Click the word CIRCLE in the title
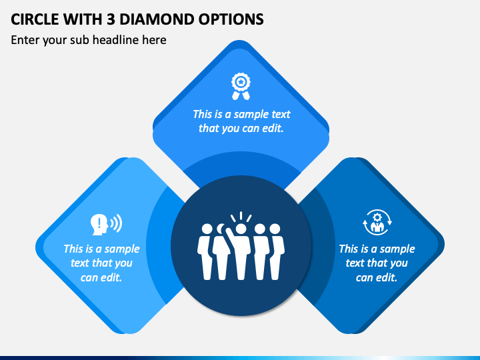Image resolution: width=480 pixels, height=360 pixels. click(x=34, y=19)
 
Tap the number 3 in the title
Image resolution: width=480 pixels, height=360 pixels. click(x=110, y=19)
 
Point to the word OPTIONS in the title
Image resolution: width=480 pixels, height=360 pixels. click(x=231, y=19)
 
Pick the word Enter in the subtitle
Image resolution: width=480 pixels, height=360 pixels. click(x=25, y=40)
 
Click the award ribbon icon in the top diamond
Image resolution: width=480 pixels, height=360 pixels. click(x=241, y=86)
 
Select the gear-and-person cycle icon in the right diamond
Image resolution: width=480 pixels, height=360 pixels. click(x=377, y=223)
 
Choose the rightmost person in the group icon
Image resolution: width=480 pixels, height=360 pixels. click(x=276, y=251)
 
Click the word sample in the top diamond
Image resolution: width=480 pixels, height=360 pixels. click(x=248, y=115)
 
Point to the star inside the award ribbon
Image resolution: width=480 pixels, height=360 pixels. click(x=241, y=82)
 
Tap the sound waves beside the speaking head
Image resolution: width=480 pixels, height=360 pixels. click(x=116, y=223)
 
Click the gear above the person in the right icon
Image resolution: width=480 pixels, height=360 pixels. click(x=377, y=217)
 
